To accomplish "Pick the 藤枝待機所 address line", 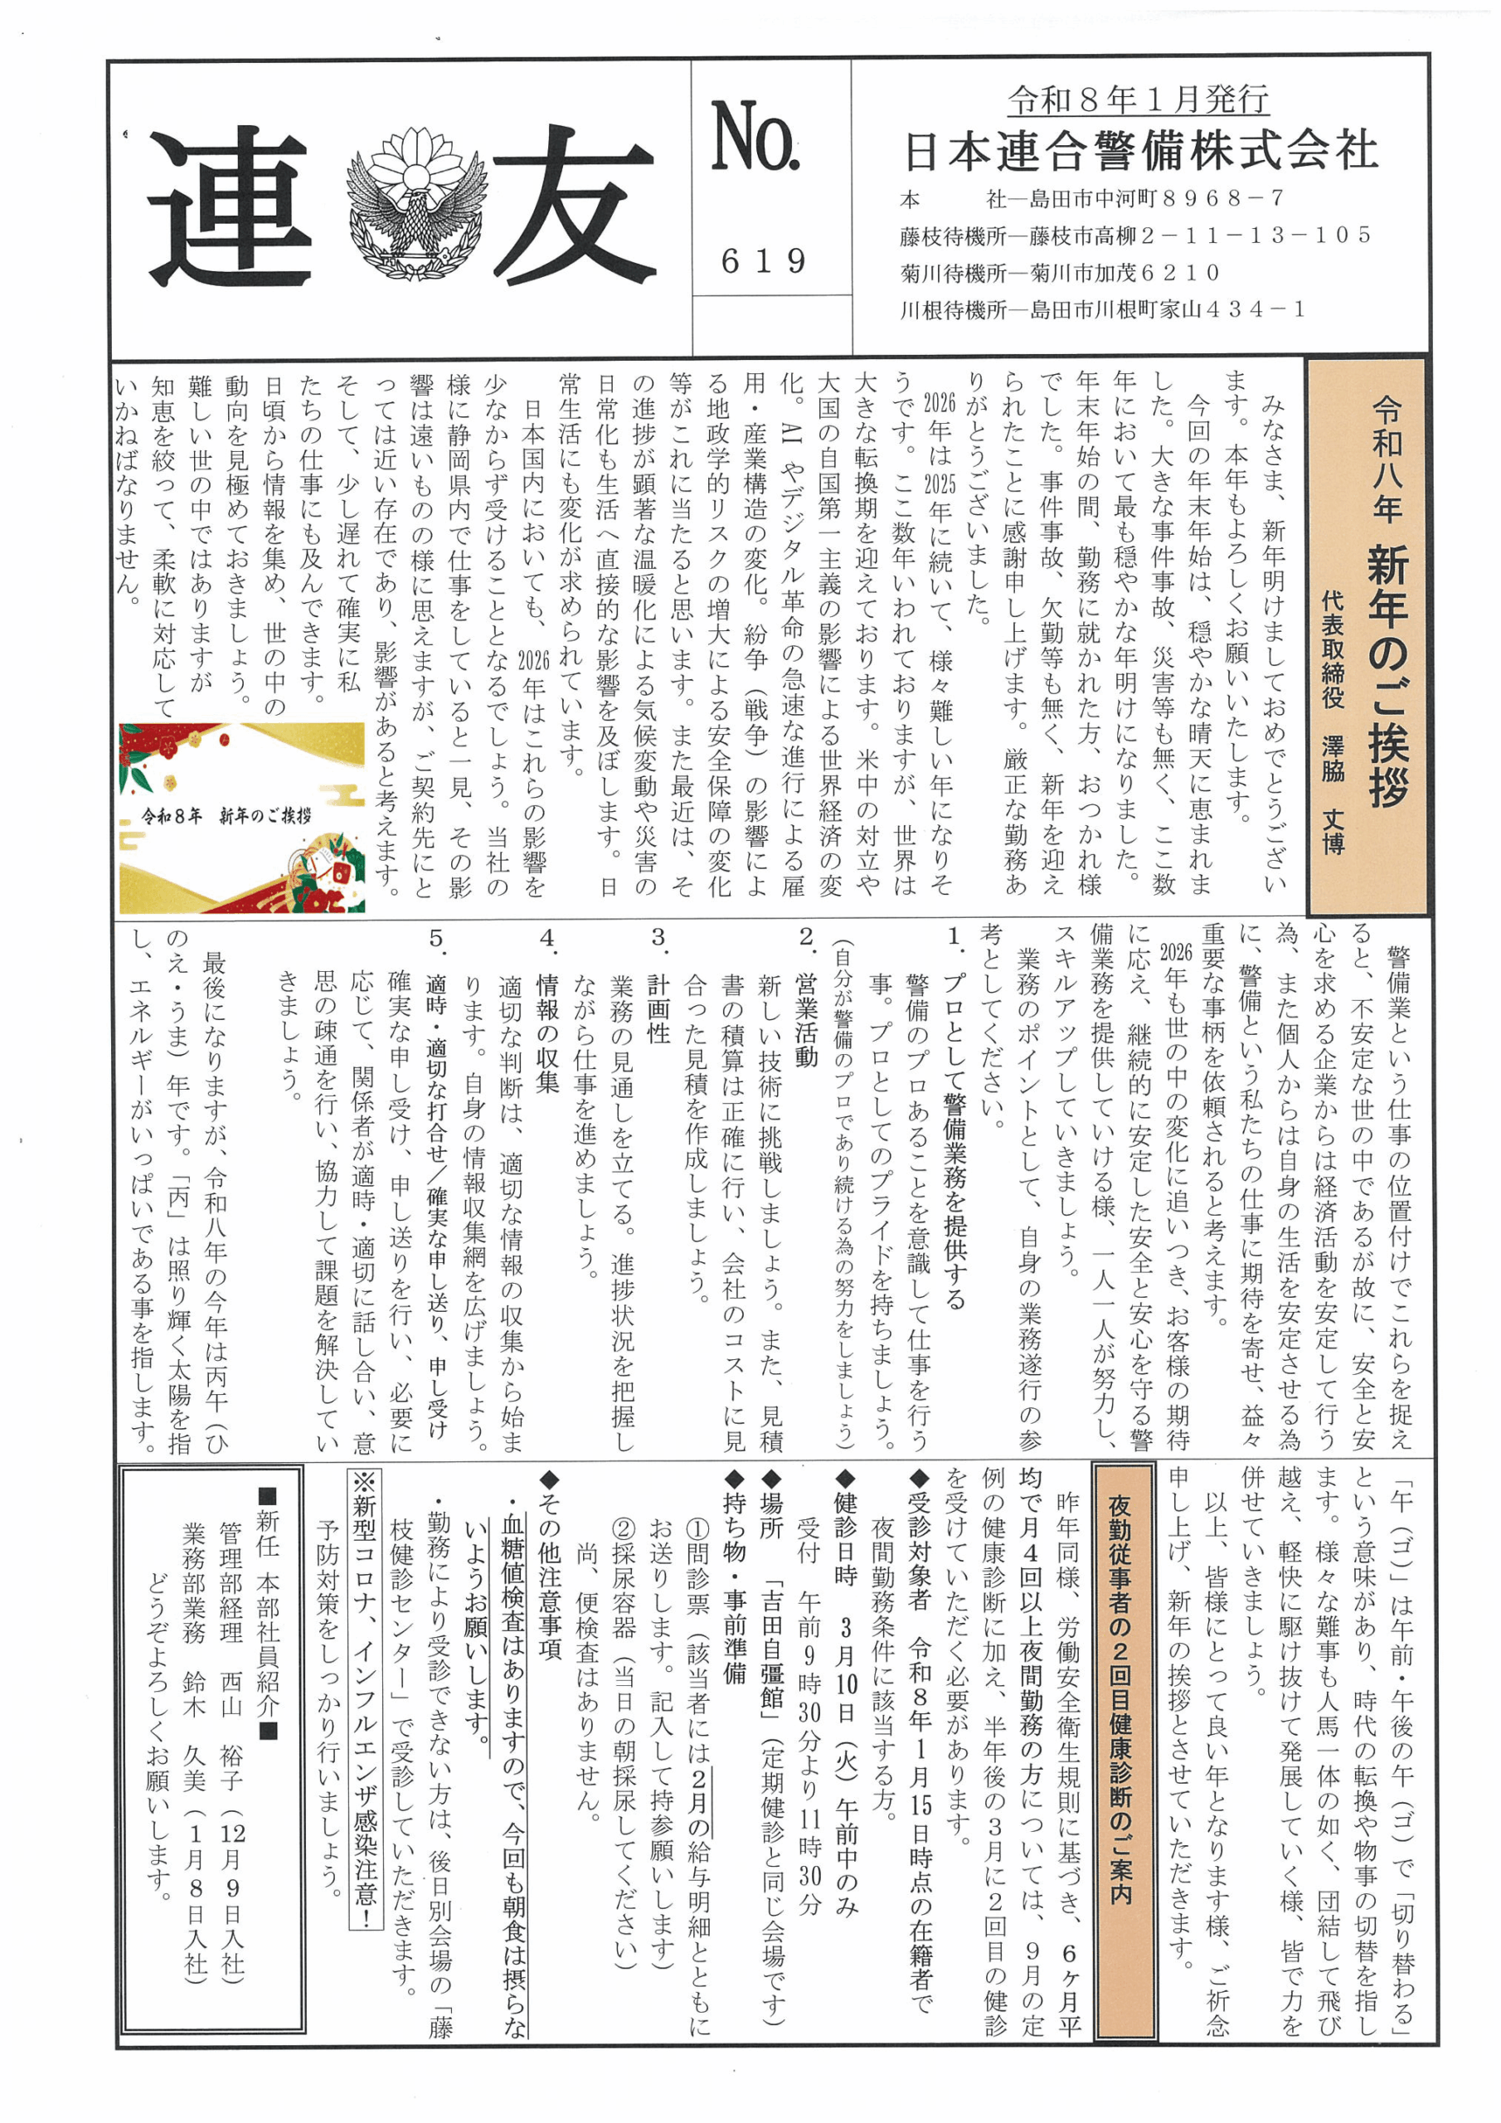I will point(1135,236).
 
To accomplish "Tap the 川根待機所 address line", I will point(1103,311).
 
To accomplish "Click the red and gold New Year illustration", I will point(242,818).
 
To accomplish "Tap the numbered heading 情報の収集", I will point(546,1031).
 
